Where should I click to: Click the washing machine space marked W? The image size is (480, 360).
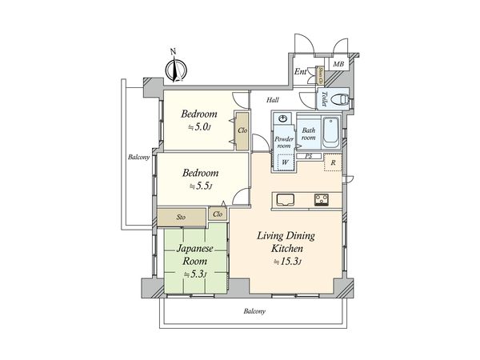pos(285,162)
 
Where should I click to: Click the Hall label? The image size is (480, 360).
pos(273,100)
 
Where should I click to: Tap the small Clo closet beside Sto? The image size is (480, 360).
pos(218,214)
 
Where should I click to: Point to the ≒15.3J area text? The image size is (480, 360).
pos(286,262)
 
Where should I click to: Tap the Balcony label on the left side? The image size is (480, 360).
pos(139,157)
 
